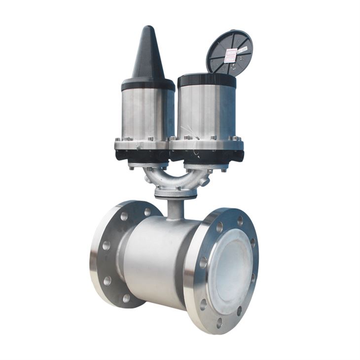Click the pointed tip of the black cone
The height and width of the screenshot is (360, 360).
(x=147, y=28)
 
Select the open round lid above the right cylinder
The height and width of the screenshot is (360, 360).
(x=229, y=52)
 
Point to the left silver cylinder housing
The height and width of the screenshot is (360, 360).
(x=146, y=113)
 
